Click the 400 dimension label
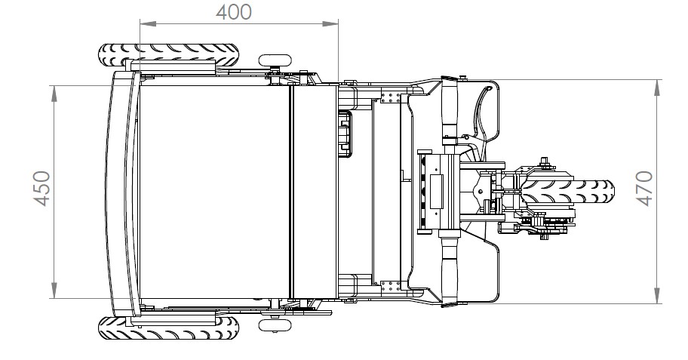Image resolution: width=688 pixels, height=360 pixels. tap(234, 12)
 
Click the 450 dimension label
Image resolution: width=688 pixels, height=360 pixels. tap(42, 189)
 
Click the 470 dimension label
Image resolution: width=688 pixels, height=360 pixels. tap(644, 189)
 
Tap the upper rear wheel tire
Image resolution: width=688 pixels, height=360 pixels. tap(169, 54)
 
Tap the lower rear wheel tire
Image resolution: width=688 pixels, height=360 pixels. tap(169, 328)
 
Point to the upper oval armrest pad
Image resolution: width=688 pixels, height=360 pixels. tap(275, 60)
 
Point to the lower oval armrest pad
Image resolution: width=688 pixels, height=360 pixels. tap(275, 325)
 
